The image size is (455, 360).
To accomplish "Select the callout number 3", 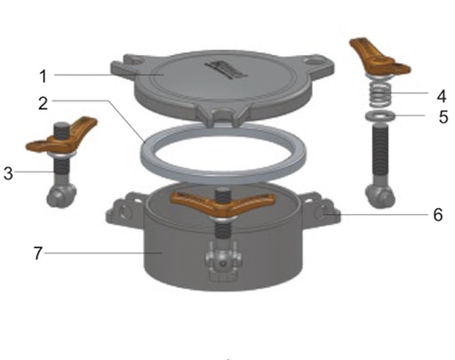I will [9, 173].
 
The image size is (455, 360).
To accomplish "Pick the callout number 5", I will [430, 116].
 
